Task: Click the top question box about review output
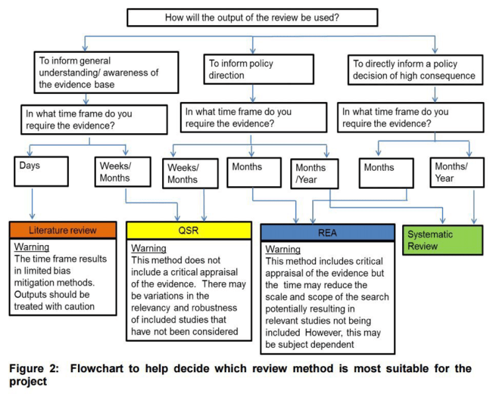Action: click(x=252, y=17)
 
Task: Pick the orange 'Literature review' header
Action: click(x=63, y=230)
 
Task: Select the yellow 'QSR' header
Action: click(x=188, y=230)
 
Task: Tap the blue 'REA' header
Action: click(x=325, y=232)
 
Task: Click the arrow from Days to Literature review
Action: click(x=32, y=202)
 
